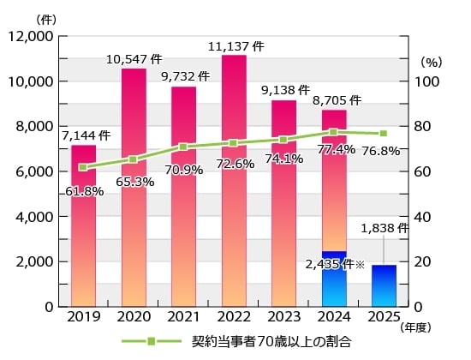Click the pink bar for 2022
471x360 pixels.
(234, 214)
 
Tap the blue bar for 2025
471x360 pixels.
(384, 286)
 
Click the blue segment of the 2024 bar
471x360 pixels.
(334, 279)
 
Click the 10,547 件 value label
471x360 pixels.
(134, 60)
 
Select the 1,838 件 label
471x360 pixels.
(385, 228)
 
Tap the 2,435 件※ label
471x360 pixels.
(335, 265)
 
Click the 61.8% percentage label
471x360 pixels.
(84, 191)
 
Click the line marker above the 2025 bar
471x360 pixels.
(384, 134)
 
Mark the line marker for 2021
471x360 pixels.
(183, 147)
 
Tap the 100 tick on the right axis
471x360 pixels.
(426, 82)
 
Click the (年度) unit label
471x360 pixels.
(418, 327)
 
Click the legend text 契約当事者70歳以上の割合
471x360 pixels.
(272, 341)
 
